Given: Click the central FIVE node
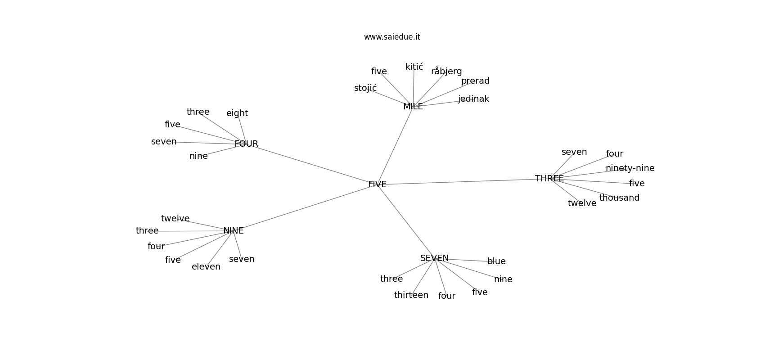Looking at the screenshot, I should coord(377,184).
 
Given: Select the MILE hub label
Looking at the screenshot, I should coord(413,107).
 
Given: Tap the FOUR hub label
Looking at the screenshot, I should coord(246,144).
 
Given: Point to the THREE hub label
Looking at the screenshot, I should coord(549,179).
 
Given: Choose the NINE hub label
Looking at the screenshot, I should coord(233,231).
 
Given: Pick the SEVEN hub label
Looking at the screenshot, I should coord(434,258).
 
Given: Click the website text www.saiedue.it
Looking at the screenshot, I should coord(392,37).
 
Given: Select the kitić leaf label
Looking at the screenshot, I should coord(414,67).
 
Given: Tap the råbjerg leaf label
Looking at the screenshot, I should coord(446,72).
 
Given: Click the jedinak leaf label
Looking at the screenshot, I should coord(473,99).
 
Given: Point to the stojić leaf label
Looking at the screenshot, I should coord(365,88).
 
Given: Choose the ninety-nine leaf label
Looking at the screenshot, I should coord(630,168).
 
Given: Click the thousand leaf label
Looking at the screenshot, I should coord(619,198).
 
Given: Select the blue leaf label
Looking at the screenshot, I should coord(496,261).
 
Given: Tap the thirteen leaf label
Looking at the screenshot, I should coord(411,295).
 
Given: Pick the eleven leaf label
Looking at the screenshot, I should coord(206,267).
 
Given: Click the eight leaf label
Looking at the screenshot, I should coord(237,113).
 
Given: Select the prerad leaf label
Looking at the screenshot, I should coord(475,81).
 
